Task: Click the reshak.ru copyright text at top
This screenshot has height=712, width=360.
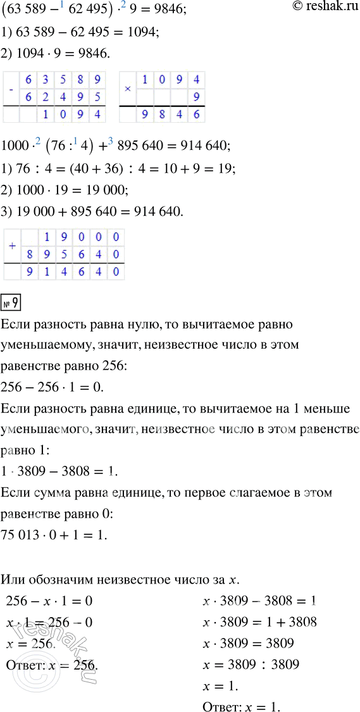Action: coord(322,8)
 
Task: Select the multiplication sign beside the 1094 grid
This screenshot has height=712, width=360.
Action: coord(127,90)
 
